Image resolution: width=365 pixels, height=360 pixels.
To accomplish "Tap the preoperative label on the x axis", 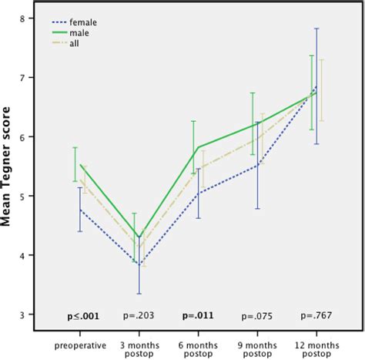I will [81, 340].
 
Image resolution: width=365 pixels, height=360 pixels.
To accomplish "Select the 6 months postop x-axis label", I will [199, 345].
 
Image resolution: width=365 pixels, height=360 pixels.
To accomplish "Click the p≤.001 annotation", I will [82, 316].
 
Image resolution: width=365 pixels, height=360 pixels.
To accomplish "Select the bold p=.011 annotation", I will [199, 316].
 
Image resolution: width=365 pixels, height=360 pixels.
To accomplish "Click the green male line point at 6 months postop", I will [199, 146].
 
